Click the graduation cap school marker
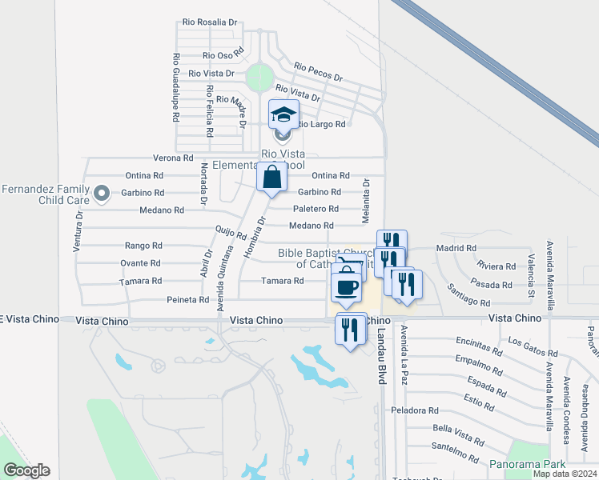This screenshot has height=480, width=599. point(283,115)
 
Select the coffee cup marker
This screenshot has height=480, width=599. point(346,288)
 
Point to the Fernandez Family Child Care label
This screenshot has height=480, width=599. point(49,194)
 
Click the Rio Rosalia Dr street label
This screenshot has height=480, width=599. point(210,22)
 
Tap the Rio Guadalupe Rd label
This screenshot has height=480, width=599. point(175,87)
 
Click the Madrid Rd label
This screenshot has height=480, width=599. point(456,249)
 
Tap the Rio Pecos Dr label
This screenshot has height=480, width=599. point(318,73)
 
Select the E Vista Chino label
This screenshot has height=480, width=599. point(30,319)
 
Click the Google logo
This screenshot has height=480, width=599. point(26,470)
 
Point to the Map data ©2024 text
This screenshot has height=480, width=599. point(565,474)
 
